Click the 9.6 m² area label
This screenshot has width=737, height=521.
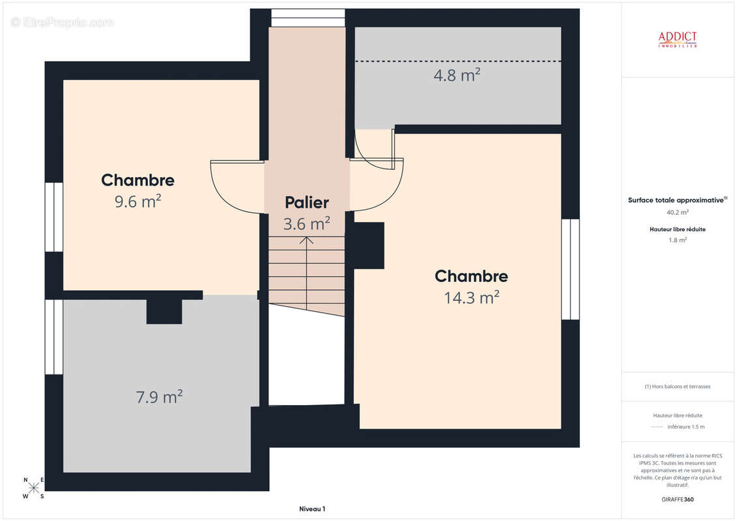(x=137, y=201)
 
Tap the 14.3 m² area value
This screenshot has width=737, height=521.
(x=472, y=298)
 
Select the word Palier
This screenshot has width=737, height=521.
(x=306, y=203)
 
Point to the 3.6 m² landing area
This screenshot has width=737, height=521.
(x=306, y=224)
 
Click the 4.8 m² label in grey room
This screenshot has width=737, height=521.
(x=457, y=75)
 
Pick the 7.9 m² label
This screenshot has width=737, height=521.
(x=158, y=396)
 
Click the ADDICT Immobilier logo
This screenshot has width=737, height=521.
(x=677, y=40)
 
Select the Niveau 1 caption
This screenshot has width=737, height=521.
(x=311, y=509)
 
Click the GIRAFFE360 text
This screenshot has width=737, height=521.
(x=678, y=500)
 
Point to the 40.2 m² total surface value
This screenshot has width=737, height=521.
(x=677, y=212)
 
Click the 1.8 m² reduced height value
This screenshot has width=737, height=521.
(x=677, y=240)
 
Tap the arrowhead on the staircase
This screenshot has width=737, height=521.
(x=306, y=240)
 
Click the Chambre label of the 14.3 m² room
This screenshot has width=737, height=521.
(x=471, y=276)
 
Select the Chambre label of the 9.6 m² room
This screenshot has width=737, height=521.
(x=137, y=180)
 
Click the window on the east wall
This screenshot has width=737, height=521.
(x=570, y=269)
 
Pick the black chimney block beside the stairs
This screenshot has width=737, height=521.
(x=368, y=246)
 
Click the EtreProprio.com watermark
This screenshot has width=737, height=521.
(x=63, y=22)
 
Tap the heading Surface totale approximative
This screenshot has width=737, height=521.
(x=676, y=201)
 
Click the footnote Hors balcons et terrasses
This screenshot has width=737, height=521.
(x=678, y=386)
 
